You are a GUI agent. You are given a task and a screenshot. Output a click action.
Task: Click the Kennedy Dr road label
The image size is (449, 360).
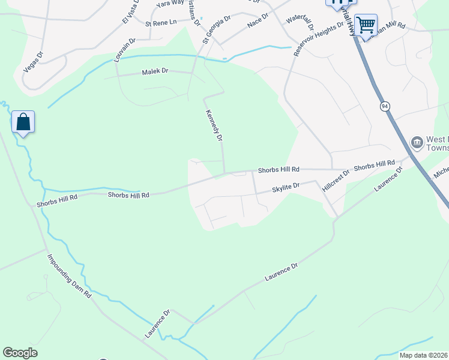pyautogui.click(x=214, y=125)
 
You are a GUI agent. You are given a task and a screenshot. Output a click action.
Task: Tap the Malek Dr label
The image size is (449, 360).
pyautogui.click(x=155, y=72)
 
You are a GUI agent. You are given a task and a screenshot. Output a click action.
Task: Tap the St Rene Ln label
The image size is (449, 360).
pyautogui.click(x=161, y=23)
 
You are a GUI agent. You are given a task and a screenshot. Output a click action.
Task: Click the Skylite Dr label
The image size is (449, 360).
pyautogui.click(x=285, y=188)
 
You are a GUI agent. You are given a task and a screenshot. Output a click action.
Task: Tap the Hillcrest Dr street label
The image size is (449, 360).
pyautogui.click(x=334, y=179)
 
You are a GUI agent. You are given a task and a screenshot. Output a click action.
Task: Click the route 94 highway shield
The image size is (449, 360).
pyautogui.click(x=384, y=106)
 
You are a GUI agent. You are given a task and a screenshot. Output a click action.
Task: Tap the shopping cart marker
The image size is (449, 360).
pyautogui.click(x=366, y=25)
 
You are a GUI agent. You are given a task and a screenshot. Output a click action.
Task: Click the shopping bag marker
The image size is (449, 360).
pyautogui.click(x=23, y=122)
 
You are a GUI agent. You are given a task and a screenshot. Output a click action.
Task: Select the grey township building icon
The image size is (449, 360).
pyautogui.click(x=417, y=142)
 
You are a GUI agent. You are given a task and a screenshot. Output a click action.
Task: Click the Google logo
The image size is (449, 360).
pyautogui.click(x=20, y=353)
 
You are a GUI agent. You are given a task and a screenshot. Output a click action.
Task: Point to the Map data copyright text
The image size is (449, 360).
pyautogui.click(x=423, y=355)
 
